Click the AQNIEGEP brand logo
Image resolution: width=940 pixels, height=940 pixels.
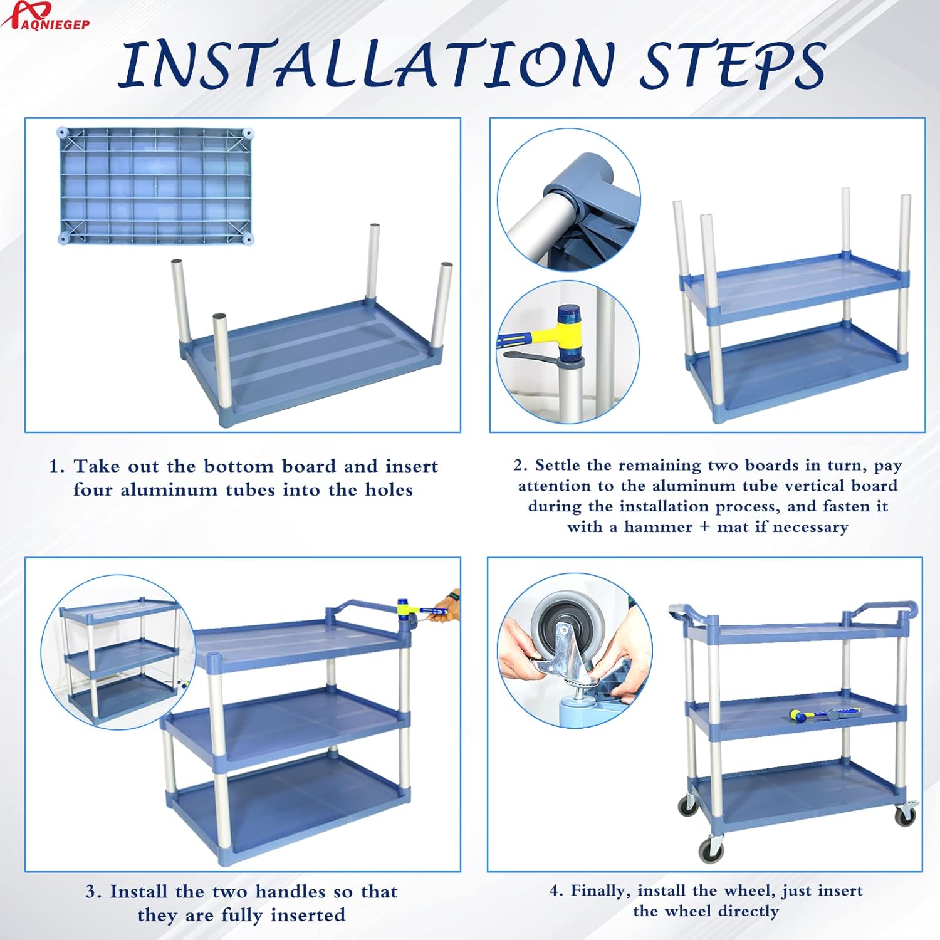45,16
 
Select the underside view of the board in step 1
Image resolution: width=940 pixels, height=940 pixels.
155,186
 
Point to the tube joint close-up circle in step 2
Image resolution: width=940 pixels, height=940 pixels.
569,199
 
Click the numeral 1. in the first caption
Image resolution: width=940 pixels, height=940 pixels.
57,466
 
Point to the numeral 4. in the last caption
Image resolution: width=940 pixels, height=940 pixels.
556,891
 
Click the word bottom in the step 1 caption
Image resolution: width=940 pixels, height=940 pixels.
239,466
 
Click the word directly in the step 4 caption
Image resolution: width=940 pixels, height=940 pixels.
748,912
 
